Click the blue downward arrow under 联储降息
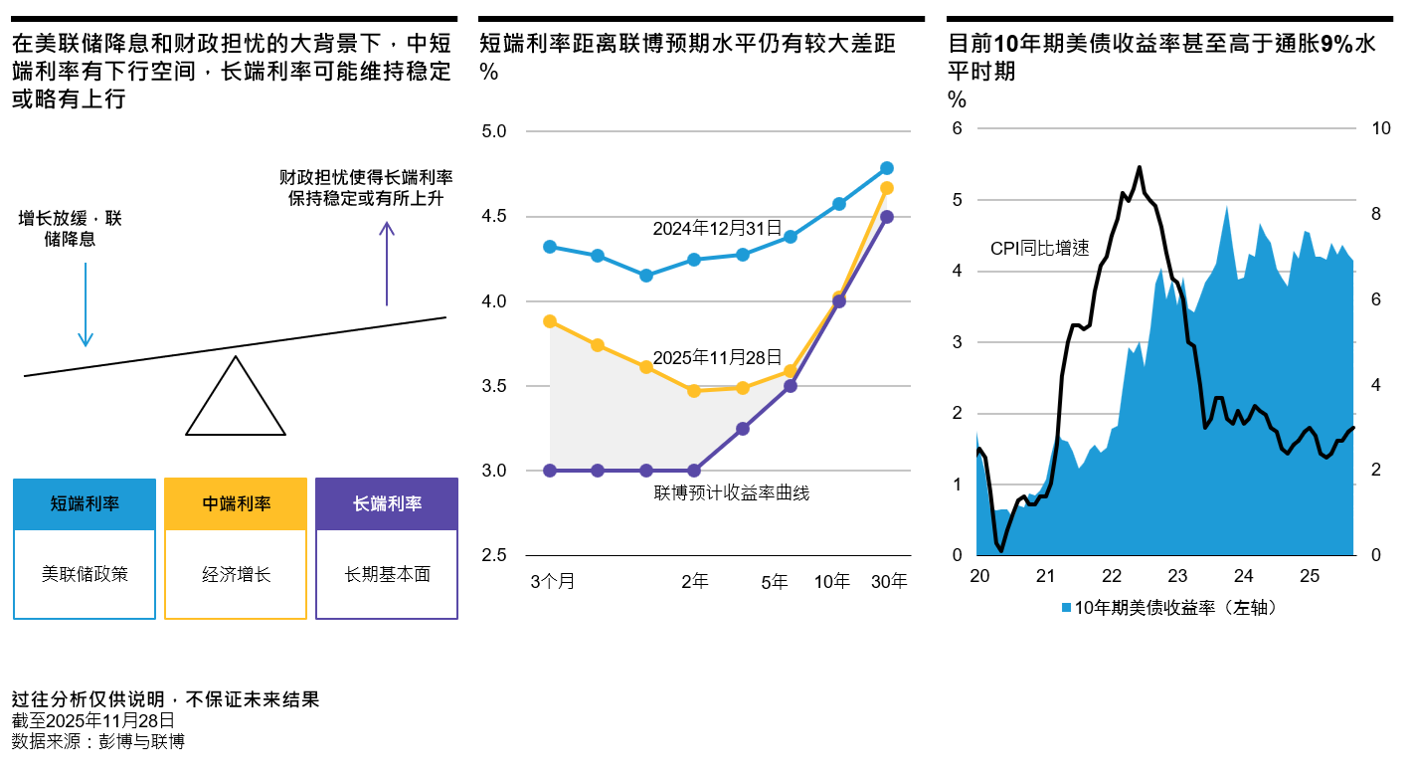pos(86,304)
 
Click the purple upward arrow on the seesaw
pos(387,264)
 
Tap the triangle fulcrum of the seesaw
pos(236,403)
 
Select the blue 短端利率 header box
pos(86,503)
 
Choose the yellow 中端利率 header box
pos(236,503)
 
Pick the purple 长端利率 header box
pos(387,503)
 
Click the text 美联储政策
pos(86,574)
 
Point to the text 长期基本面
pos(387,574)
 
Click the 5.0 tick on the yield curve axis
pos(494,131)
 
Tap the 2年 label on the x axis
pos(694,582)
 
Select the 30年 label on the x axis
pos(889,582)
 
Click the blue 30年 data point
pos(887,168)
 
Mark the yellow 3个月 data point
pos(550,321)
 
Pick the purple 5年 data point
pos(791,385)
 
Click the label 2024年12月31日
pos(717,228)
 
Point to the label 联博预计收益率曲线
pos(731,492)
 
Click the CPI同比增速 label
pos(1039,249)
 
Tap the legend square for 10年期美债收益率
pos(1066,607)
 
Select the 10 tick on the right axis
pos(1381,128)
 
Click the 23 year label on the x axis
pos(1177,576)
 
